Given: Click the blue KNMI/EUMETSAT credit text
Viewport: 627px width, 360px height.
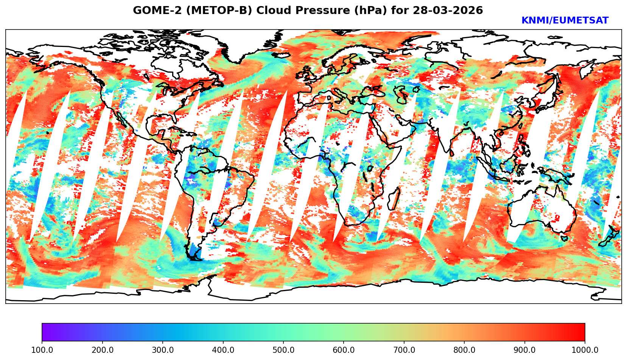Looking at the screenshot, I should click(565, 21).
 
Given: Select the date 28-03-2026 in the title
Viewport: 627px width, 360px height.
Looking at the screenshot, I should click(448, 11).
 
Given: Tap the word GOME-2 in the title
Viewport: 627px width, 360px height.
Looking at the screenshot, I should click(153, 11).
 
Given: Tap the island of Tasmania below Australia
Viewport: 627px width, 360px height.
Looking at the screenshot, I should click(564, 238).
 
